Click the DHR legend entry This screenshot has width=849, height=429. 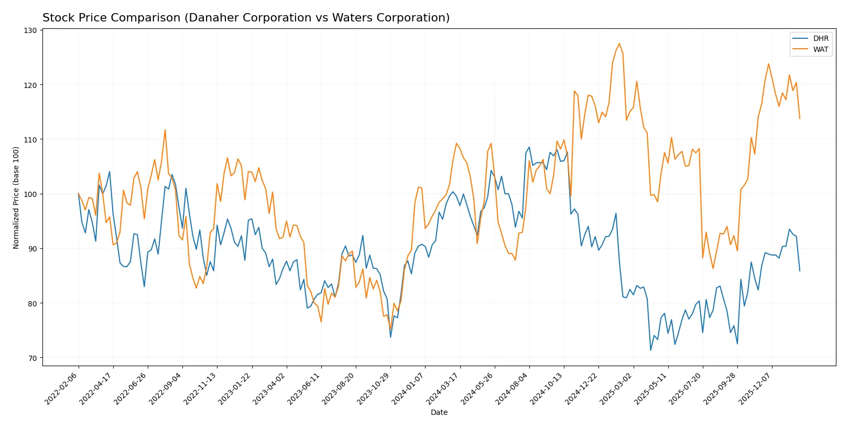click(x=821, y=38)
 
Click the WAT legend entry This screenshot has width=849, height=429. click(x=821, y=49)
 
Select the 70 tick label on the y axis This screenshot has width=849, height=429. click(x=32, y=358)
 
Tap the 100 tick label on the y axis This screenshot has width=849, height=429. click(x=30, y=194)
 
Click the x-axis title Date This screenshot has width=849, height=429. click(x=439, y=412)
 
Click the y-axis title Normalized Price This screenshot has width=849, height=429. click(x=16, y=197)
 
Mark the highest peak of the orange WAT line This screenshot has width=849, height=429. click(x=619, y=43)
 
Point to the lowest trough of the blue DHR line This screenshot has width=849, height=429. click(x=650, y=350)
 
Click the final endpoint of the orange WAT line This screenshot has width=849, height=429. click(x=799, y=118)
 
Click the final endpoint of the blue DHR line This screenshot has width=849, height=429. click(x=799, y=271)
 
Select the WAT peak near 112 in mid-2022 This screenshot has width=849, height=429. click(x=165, y=130)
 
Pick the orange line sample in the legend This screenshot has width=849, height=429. click(x=800, y=49)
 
